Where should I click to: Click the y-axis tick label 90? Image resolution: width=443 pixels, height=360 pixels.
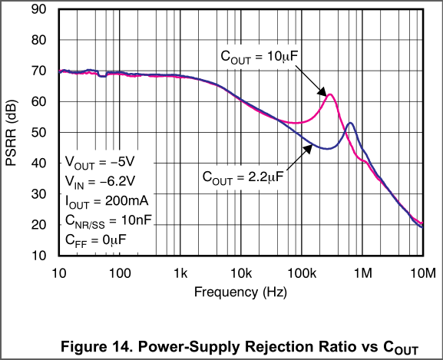click(38, 9)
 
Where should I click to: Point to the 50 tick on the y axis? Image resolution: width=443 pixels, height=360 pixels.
click(38, 133)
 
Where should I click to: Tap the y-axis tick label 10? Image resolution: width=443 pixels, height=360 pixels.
click(38, 256)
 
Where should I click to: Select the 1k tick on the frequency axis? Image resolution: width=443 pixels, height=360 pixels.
click(180, 273)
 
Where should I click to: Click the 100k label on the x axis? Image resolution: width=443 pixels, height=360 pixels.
click(302, 273)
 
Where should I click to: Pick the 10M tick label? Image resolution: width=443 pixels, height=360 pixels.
click(423, 273)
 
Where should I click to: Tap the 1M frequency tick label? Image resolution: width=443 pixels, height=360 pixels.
click(362, 273)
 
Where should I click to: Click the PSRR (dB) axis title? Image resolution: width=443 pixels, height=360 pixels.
click(12, 133)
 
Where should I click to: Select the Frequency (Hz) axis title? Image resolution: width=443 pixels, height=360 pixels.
click(240, 292)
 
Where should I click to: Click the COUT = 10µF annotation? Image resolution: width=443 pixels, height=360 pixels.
click(260, 57)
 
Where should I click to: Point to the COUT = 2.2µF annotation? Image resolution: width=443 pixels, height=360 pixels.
click(243, 178)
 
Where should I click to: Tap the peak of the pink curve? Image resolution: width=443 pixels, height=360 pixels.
click(329, 94)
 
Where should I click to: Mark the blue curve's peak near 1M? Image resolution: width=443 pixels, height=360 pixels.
click(350, 123)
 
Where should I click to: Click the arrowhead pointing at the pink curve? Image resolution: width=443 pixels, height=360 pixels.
click(322, 92)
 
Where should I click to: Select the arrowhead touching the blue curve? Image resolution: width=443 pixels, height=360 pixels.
click(308, 149)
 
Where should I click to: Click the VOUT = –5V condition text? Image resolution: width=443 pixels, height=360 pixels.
click(100, 163)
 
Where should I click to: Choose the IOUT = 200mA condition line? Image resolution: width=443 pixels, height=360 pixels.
click(107, 202)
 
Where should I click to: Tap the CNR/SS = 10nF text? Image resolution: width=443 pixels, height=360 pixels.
click(108, 221)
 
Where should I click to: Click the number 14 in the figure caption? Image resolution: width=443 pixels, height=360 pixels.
click(123, 346)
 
